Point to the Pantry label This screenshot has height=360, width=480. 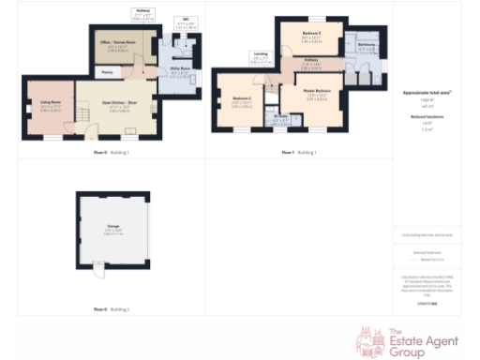tap(108, 72)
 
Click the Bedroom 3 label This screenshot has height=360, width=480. tap(312, 36)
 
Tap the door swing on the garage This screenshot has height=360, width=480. tap(97, 273)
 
